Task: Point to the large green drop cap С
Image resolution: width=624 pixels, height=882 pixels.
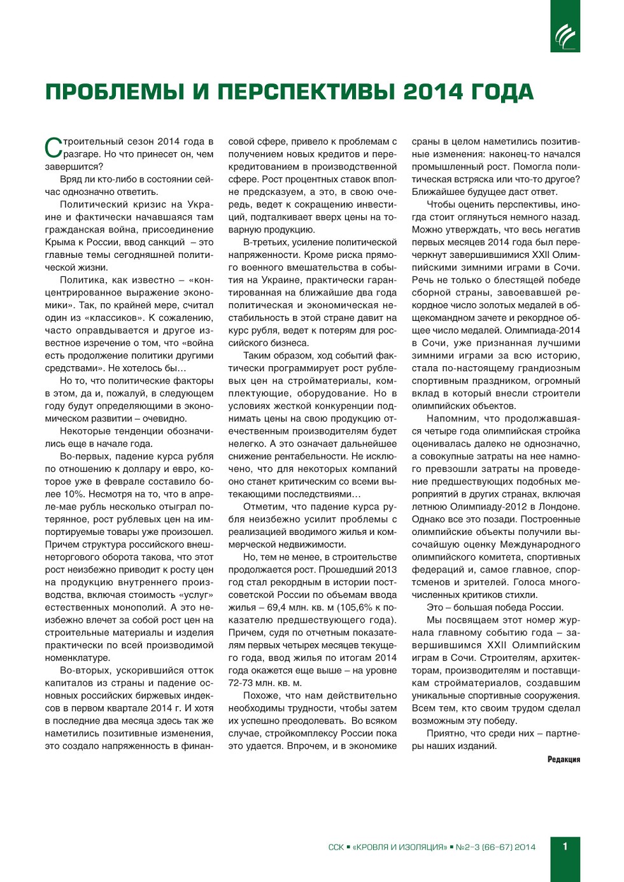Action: (x=53, y=147)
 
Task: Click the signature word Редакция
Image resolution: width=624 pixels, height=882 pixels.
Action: (x=564, y=759)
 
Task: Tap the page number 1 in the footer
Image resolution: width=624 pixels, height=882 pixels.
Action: (x=565, y=846)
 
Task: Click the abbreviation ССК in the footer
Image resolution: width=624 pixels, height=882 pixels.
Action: (x=336, y=847)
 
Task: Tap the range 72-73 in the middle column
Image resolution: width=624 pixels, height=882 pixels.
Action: (x=243, y=683)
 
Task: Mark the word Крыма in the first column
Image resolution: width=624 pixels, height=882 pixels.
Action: (x=59, y=242)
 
